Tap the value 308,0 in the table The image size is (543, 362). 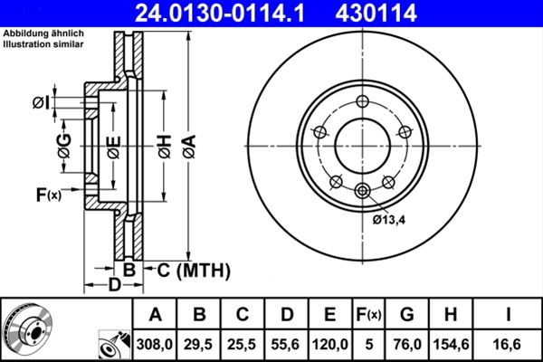[x=155, y=344]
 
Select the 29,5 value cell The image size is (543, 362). [x=199, y=344]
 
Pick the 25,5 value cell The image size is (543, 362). [x=243, y=344]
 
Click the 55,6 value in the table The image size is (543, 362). [x=286, y=344]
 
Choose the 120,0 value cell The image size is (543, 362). [x=329, y=344]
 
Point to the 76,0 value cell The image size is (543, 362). [x=406, y=344]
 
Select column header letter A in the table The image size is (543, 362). [x=155, y=315]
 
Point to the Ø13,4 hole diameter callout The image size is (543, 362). [x=390, y=219]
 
